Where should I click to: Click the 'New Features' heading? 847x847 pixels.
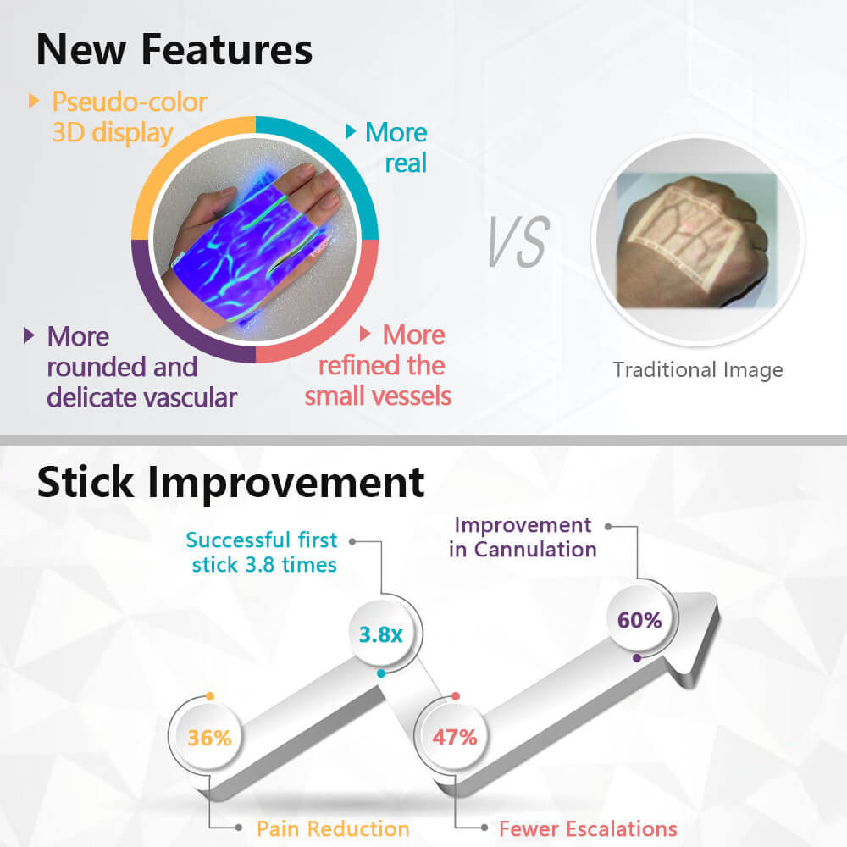pyautogui.click(x=174, y=49)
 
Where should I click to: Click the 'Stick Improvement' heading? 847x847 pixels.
pyautogui.click(x=230, y=483)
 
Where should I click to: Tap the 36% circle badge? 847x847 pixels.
pyautogui.click(x=209, y=737)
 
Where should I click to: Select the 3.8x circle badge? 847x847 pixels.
pyautogui.click(x=381, y=634)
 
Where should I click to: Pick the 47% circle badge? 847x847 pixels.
pyautogui.click(x=455, y=737)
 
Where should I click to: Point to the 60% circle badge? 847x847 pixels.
pyautogui.click(x=639, y=620)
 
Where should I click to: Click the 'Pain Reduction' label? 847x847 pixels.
pyautogui.click(x=333, y=828)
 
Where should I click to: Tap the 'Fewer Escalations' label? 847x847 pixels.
pyautogui.click(x=588, y=828)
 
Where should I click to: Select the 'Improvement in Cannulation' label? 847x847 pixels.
pyautogui.click(x=523, y=538)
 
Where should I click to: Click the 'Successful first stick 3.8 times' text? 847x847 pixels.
pyautogui.click(x=262, y=552)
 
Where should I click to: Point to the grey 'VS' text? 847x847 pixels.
pyautogui.click(x=519, y=241)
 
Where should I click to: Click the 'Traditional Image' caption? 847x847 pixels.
pyautogui.click(x=698, y=370)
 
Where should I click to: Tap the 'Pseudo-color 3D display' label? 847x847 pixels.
pyautogui.click(x=129, y=117)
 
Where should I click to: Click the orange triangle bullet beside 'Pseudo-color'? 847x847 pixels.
pyautogui.click(x=34, y=101)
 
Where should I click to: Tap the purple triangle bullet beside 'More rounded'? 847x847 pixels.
pyautogui.click(x=29, y=335)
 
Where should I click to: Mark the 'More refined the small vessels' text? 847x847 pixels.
pyautogui.click(x=378, y=365)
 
